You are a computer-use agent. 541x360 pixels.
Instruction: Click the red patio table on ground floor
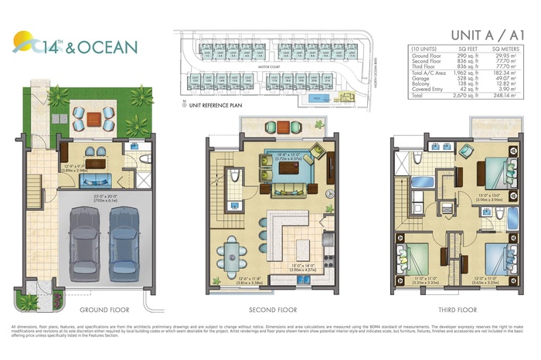(x=93, y=118)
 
